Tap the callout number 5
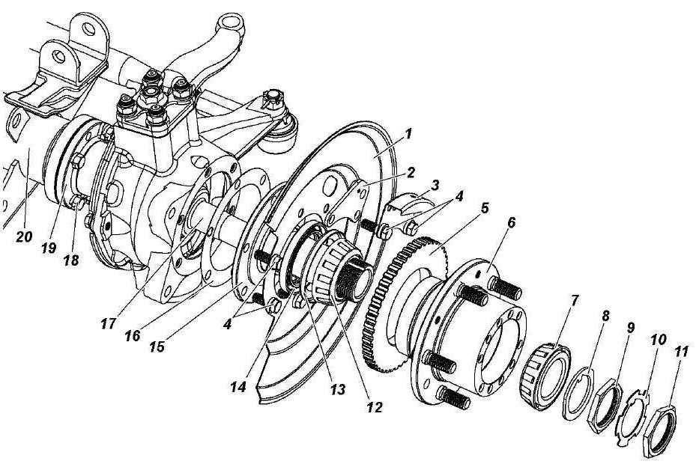pos(485,207)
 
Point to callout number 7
pos(575,300)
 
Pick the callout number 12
pos(375,408)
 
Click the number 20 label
pos(22,236)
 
